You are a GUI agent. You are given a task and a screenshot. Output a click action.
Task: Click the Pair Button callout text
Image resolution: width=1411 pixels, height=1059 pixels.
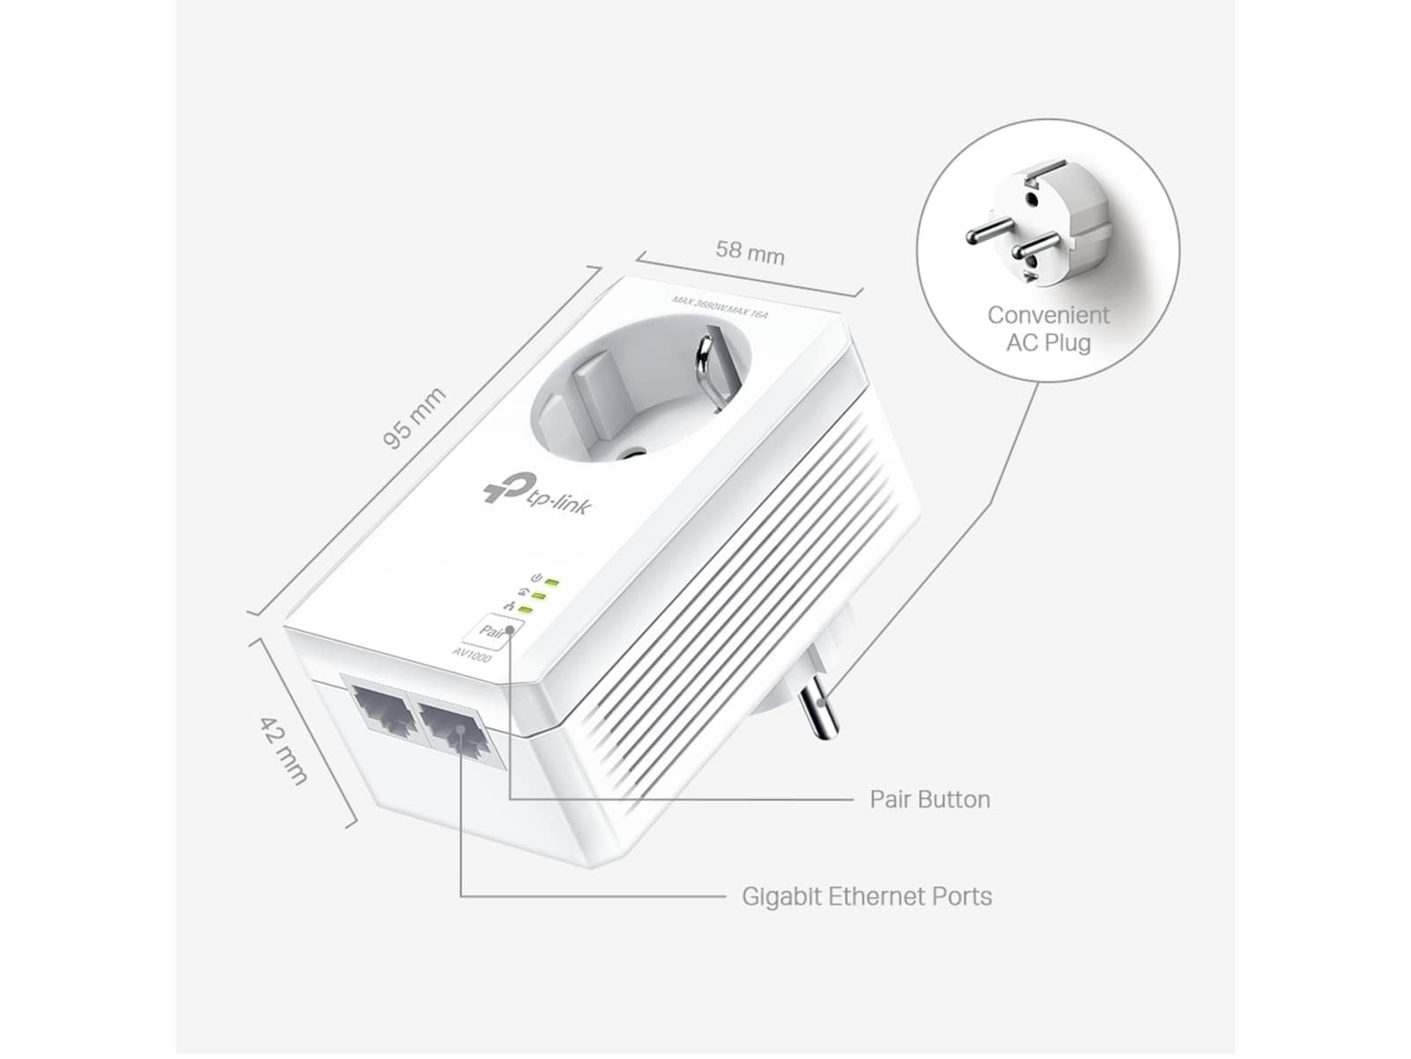point(929,800)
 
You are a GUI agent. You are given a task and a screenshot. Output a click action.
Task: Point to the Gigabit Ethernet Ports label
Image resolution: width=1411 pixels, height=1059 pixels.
point(866,897)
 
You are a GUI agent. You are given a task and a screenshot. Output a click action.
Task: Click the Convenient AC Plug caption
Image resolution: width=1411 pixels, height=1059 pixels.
point(1048,328)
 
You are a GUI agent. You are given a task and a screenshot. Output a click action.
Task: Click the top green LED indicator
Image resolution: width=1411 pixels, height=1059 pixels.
point(553,582)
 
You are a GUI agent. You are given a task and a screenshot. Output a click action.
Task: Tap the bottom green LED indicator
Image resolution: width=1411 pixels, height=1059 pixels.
point(526,609)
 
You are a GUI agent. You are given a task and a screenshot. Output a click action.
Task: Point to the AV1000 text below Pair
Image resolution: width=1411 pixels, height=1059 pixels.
point(472,654)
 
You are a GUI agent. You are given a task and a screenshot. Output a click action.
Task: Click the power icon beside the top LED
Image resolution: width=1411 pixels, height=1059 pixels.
point(534,577)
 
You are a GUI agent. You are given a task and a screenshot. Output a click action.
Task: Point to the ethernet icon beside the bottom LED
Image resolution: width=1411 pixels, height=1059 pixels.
point(509,605)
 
